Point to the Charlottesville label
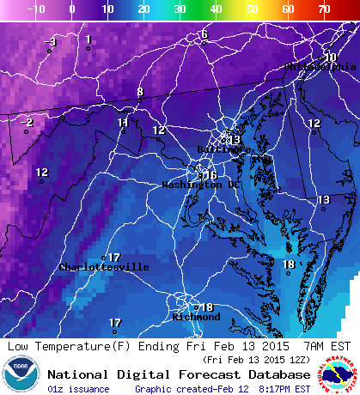pos(103,267)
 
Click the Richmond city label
pos(197,317)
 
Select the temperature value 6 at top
pos(204,34)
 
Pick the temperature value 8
pos(140,92)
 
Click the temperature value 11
pos(123,123)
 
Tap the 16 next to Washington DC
pos(211,174)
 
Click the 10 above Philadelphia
pos(330,57)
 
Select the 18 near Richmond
pos(206,307)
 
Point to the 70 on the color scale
pos(325,8)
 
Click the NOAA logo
pos(21,375)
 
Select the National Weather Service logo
pos(340,375)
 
